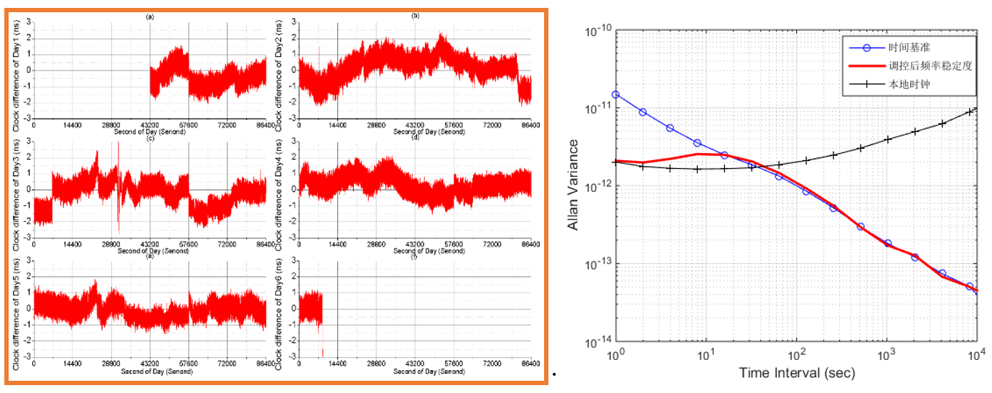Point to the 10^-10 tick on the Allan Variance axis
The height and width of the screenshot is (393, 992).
597,31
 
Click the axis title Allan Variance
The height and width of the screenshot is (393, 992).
574,188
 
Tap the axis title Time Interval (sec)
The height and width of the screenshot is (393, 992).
797,374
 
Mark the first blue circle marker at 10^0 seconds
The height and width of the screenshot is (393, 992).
616,94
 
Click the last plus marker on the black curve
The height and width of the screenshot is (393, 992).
969,111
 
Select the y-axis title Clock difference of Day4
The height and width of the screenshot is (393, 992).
281,190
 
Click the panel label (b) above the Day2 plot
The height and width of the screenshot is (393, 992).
415,15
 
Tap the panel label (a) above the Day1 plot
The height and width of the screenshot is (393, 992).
150,15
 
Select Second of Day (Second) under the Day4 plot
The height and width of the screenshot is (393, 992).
415,251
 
